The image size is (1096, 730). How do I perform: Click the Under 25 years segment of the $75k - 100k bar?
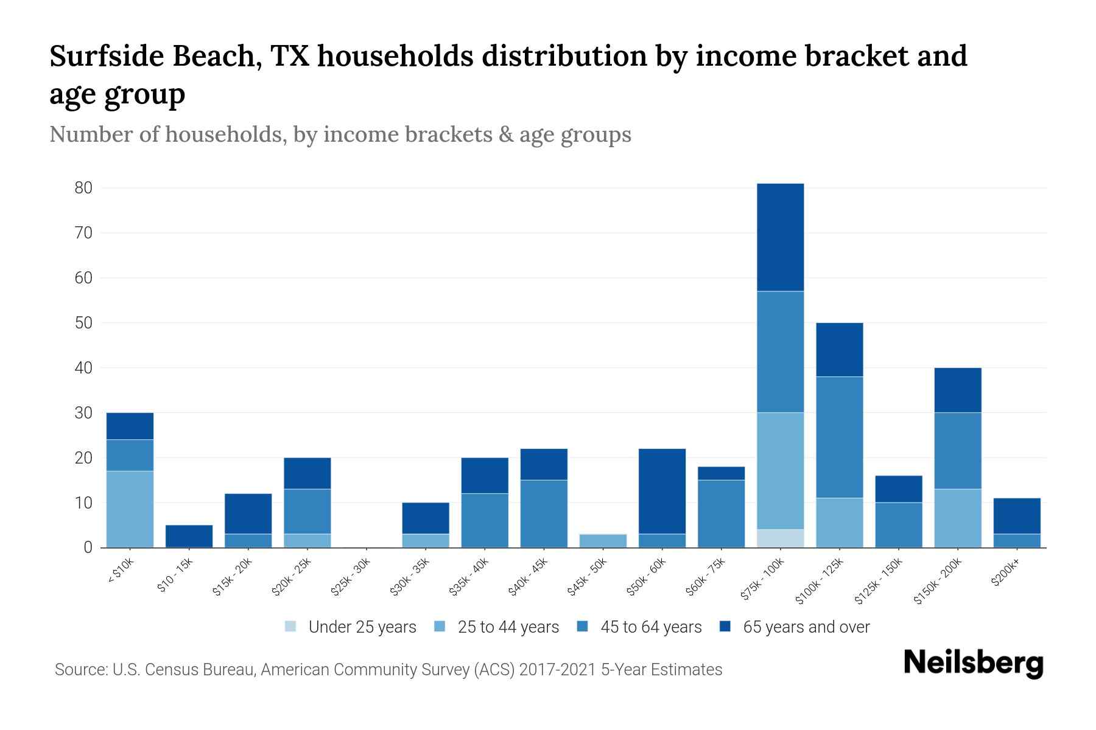coord(780,538)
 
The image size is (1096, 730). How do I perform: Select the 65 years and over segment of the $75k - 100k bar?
coord(780,237)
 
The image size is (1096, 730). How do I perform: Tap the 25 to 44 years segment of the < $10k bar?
coord(130,509)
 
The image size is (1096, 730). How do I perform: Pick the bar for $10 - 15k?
coord(189,537)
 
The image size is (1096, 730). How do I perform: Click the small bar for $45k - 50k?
coord(603,541)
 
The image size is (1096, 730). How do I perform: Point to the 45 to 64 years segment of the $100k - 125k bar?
coord(839,437)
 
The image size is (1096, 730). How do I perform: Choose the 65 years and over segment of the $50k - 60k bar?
coord(662,492)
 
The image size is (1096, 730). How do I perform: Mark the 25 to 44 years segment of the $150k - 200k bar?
coord(957,518)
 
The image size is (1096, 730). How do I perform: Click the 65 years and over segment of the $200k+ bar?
coord(1017,516)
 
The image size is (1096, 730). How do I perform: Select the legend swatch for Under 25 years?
coord(291,627)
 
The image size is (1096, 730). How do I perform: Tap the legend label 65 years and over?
coord(806,627)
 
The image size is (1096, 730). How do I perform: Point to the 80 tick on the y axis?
coord(83,188)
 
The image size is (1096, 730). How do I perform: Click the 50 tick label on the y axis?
coord(83,323)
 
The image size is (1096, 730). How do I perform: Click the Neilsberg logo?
coord(973,663)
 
